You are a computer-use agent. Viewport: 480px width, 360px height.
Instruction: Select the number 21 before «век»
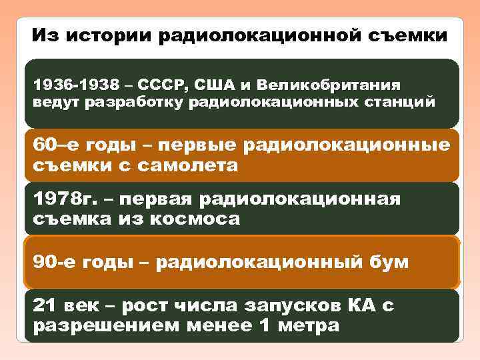click(x=44, y=305)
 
